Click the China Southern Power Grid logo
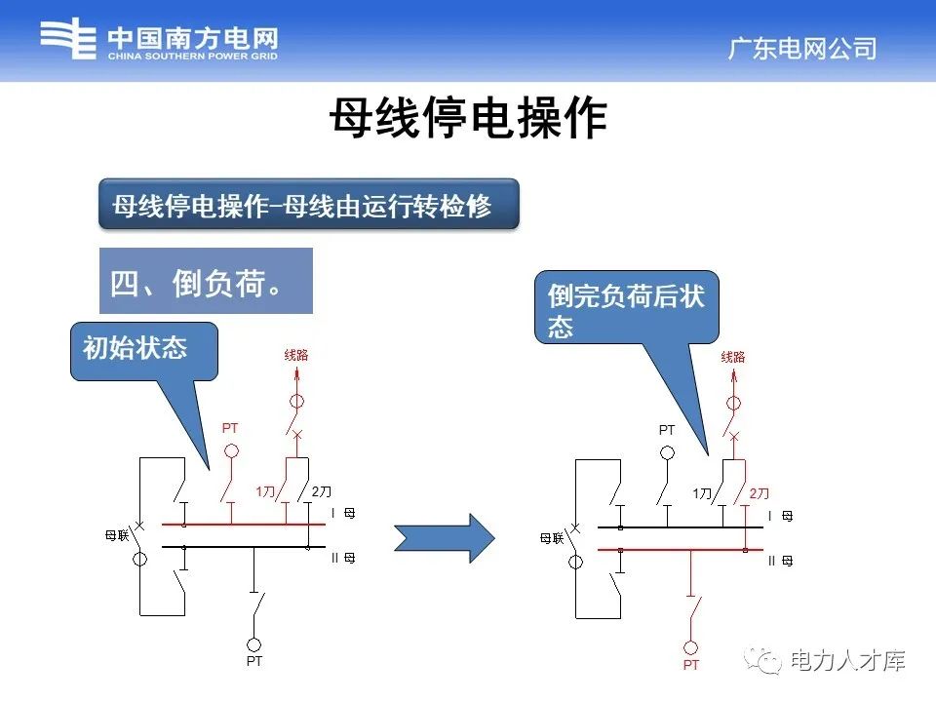tap(159, 42)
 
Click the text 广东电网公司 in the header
tap(801, 49)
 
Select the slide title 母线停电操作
tap(468, 120)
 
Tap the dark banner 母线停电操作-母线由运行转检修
tap(308, 204)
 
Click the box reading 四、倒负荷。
tap(206, 282)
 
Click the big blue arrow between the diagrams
tap(445, 537)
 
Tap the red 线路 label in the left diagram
tap(296, 356)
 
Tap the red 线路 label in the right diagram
tap(733, 358)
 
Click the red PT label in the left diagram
tap(230, 427)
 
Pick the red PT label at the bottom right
tap(690, 665)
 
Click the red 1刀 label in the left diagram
tap(265, 491)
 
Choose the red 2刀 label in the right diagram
tap(759, 493)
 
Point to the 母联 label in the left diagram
tap(116, 535)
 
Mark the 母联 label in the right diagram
tap(552, 537)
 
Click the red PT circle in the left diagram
tap(232, 450)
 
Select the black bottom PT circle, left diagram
tap(254, 644)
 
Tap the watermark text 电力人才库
tap(846, 660)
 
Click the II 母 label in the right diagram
tap(779, 561)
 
